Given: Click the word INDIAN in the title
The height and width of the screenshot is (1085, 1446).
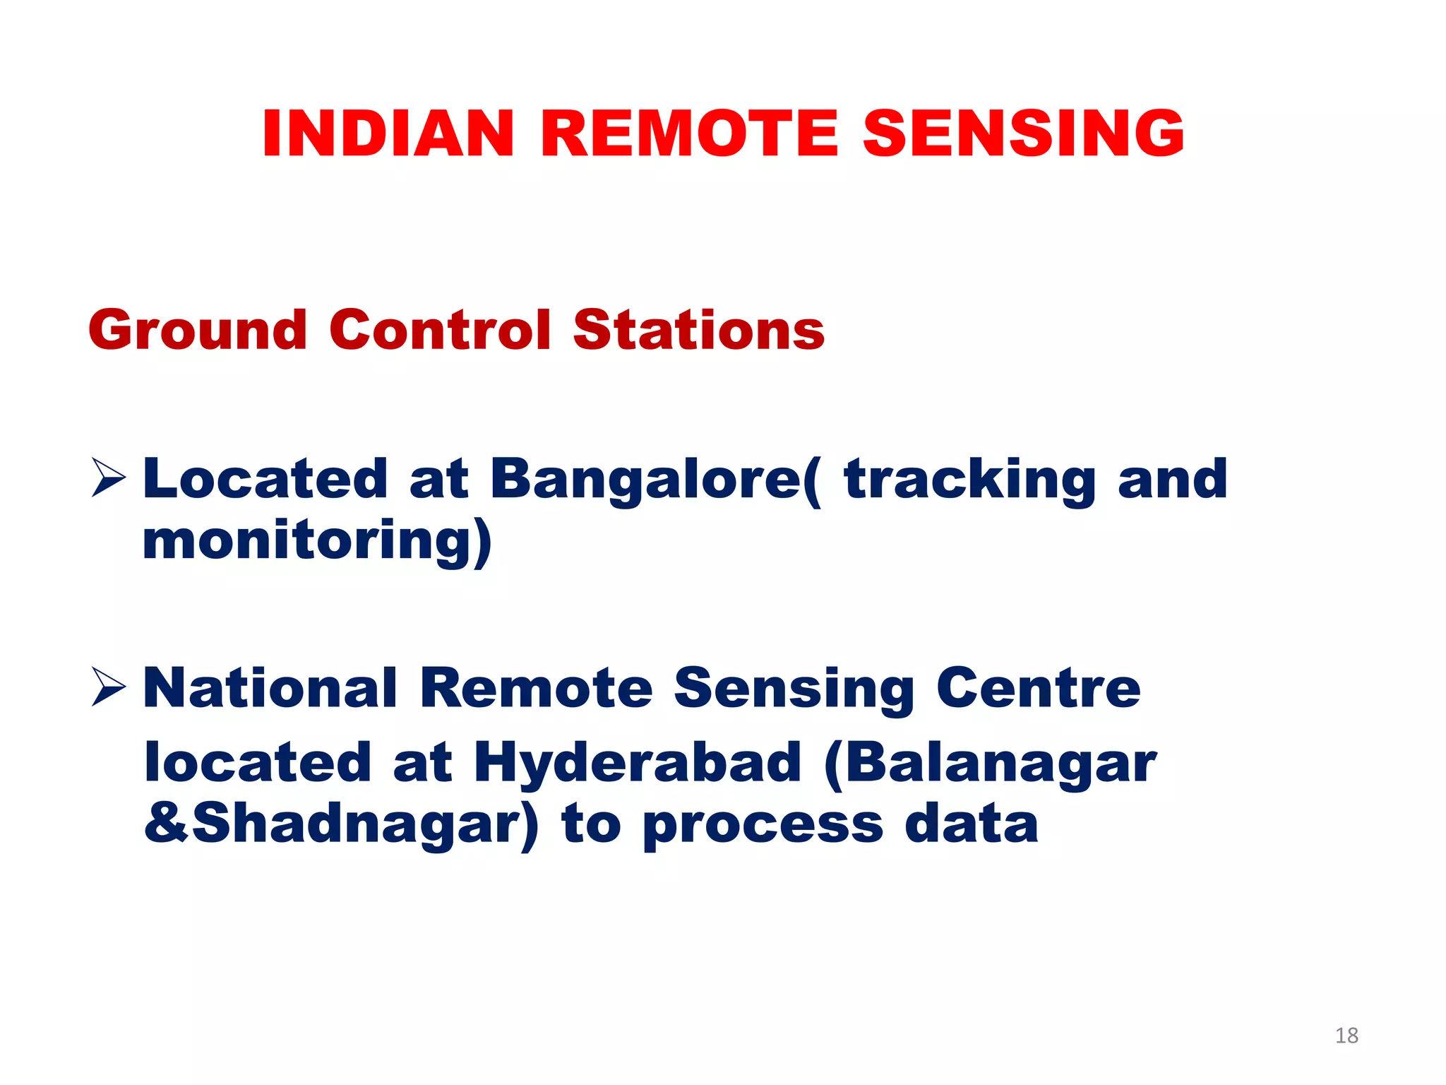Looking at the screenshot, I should click(388, 134).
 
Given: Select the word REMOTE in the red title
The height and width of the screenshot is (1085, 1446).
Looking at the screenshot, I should click(689, 134).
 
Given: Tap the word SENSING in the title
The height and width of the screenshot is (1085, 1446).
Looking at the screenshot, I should click(1023, 134).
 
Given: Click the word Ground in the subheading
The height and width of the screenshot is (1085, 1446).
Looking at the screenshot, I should click(198, 331).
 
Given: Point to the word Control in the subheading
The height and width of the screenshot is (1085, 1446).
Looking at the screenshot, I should click(440, 331).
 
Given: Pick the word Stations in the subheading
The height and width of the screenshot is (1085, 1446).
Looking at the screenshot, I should click(698, 331).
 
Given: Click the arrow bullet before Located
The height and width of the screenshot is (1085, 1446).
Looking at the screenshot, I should click(108, 478).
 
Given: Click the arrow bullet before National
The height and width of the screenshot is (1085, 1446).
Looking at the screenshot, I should click(108, 687).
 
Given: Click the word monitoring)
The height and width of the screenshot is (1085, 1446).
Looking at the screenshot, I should click(317, 540).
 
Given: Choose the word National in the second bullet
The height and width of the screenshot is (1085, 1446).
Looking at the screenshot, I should click(270, 688).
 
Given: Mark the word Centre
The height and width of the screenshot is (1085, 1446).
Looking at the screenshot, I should click(1038, 688).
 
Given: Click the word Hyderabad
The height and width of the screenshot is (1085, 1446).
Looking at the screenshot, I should click(638, 763).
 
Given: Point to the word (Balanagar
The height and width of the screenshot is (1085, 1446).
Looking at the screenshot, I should click(990, 763).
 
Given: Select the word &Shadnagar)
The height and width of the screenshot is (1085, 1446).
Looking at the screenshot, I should click(341, 824).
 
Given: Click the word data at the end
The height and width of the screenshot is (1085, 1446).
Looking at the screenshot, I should click(972, 824).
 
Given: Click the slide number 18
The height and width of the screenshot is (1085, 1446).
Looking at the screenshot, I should click(1346, 1036).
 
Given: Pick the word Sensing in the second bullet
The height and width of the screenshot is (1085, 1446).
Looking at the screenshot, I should click(794, 689).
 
